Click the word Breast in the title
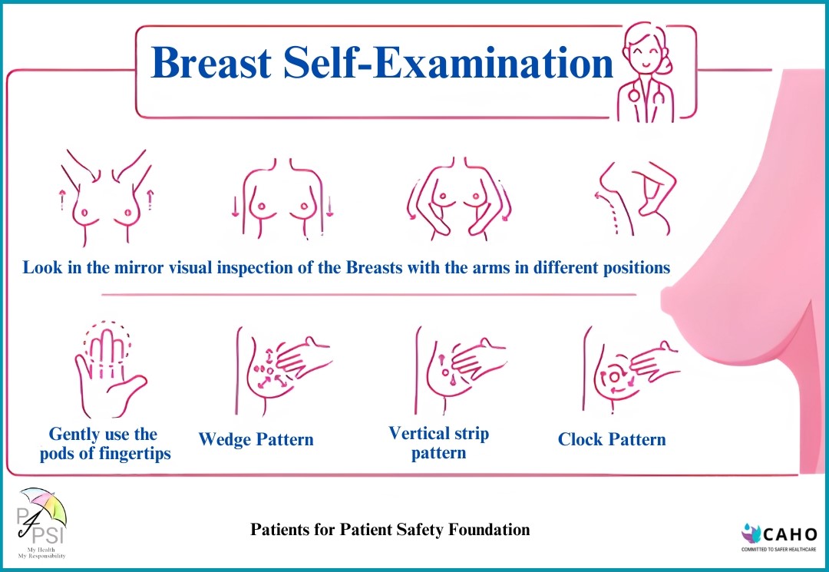point(212,63)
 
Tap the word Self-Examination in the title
point(448,63)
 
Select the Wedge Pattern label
point(256,439)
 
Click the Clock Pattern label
point(612,439)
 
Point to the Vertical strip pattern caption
point(439,443)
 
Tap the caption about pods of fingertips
point(105,444)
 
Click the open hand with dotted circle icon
point(107,369)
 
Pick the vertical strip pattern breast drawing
point(460,369)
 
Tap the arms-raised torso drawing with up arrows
point(106,197)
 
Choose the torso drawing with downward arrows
point(282,198)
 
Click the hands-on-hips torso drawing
point(459,198)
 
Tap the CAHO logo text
point(790,534)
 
